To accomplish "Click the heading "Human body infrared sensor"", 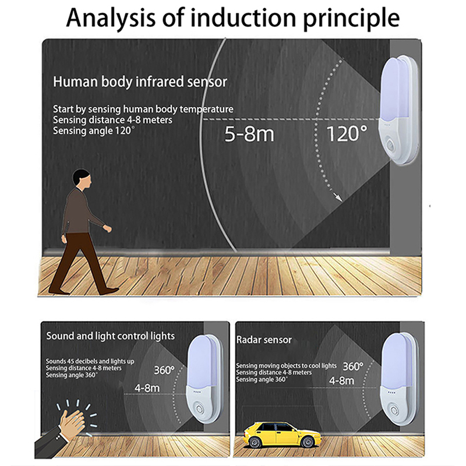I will coord(140,82).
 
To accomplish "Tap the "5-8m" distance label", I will coord(249,135).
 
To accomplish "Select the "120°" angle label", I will coord(347,135).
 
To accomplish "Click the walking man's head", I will coord(82,179).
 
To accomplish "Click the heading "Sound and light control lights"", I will coord(111,336).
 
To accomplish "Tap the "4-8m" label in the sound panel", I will coord(147,387).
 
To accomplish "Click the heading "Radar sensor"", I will coord(264,340).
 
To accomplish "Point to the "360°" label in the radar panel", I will coord(352,366).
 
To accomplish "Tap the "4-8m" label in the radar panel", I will coord(341,381).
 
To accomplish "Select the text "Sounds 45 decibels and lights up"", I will coord(90,362).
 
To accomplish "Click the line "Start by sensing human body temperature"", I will coord(143,109).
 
